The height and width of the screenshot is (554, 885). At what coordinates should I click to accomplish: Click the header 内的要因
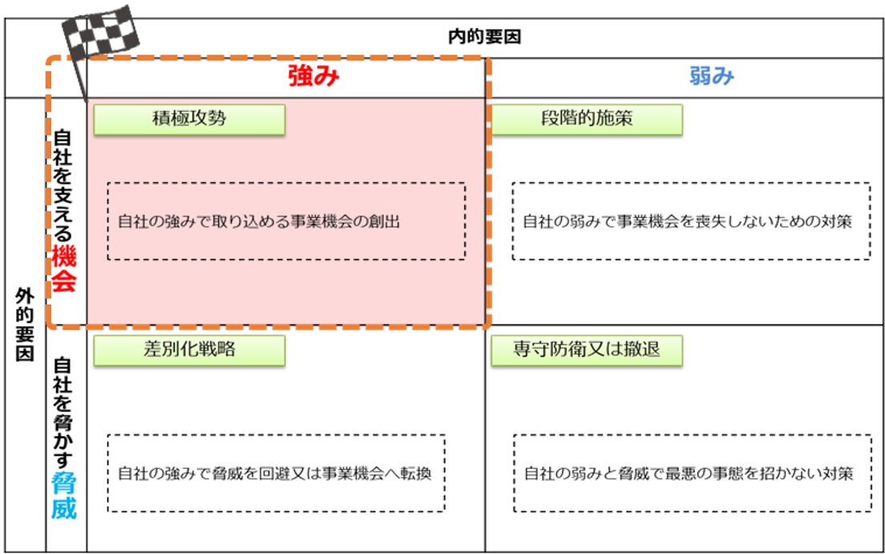[484, 38]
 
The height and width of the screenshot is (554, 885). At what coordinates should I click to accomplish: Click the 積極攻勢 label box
[189, 119]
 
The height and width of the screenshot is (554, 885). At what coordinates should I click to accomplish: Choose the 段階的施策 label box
[587, 119]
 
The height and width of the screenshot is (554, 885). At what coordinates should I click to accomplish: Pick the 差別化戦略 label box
[189, 350]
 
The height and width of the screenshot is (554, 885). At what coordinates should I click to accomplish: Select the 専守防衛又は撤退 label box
[587, 350]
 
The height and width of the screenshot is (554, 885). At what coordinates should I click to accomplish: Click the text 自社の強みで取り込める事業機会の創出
[259, 222]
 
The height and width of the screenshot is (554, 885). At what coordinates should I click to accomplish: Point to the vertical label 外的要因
[25, 325]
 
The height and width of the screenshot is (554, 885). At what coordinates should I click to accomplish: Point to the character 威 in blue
[64, 509]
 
